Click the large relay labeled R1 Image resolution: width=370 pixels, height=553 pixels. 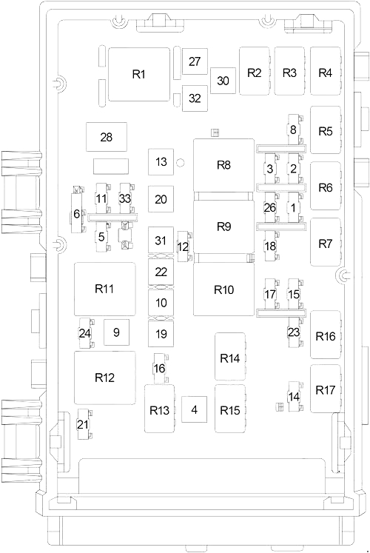point(139,75)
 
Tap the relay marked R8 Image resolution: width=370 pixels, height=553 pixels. point(223,165)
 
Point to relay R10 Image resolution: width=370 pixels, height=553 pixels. point(223,289)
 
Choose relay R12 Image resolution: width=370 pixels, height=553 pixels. point(104,378)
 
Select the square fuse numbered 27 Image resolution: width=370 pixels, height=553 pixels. point(195,61)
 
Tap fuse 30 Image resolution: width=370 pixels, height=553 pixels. point(223,81)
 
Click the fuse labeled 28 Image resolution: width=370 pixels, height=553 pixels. point(107,137)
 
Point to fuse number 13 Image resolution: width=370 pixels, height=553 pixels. point(161,162)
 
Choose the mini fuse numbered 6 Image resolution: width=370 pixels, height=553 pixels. point(77,213)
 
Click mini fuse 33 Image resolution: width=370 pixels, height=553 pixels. point(125,198)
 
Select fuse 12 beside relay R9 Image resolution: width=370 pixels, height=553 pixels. point(183,247)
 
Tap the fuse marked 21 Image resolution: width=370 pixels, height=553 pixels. point(82,424)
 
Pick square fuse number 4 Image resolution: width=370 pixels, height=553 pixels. point(194,409)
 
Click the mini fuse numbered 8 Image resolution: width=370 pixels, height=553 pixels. point(293,130)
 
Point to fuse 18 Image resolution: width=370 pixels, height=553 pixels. point(270,246)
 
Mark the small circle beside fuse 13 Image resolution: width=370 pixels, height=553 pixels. point(181,163)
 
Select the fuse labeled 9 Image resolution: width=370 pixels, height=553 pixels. point(116,332)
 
